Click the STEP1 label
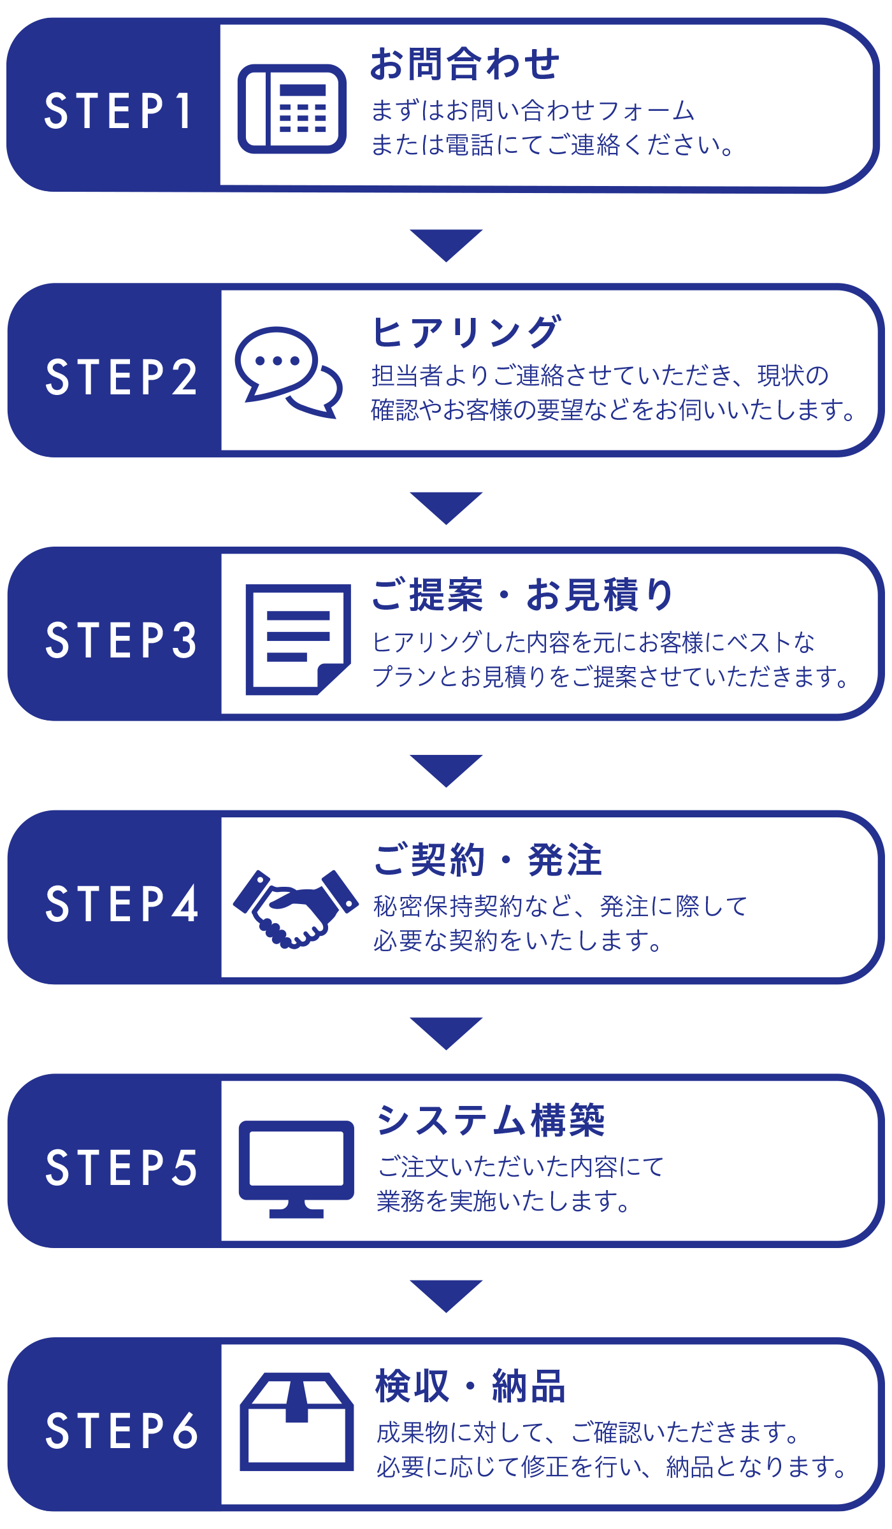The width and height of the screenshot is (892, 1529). tap(118, 111)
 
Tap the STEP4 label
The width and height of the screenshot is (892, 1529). tap(121, 903)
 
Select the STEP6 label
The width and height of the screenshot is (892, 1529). tap(121, 1431)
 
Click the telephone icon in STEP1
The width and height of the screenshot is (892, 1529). tap(292, 109)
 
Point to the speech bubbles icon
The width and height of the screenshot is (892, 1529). tap(288, 372)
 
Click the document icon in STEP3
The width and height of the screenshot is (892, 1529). tap(298, 639)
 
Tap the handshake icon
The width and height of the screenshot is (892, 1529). tap(295, 907)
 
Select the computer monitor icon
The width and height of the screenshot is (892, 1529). tap(296, 1168)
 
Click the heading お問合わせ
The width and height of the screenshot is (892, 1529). tap(464, 64)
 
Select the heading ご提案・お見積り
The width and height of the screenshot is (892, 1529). tap(522, 595)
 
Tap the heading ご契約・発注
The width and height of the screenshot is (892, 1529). tap(488, 860)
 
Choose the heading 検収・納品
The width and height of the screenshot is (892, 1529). tap(470, 1386)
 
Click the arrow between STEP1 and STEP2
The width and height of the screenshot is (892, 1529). tap(446, 245)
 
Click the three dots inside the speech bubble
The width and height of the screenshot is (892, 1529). tap(277, 361)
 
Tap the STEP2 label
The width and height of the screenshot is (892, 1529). tap(121, 377)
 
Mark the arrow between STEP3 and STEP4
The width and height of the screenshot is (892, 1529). tap(446, 770)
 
